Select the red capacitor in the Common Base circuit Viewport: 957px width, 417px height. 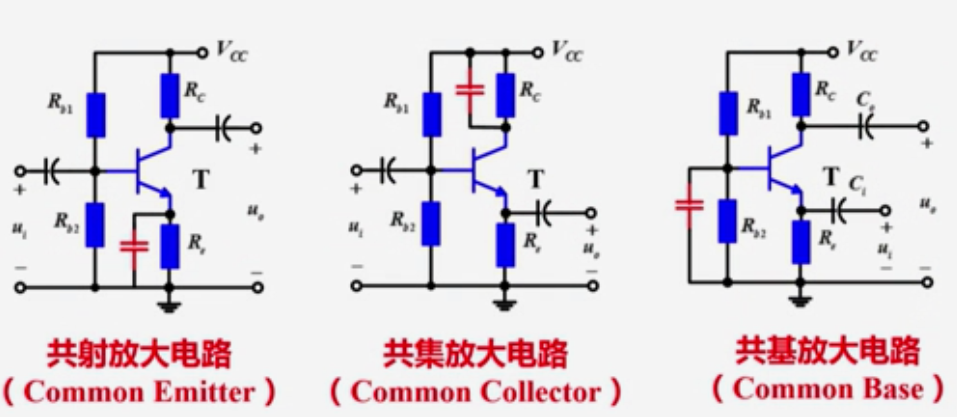tap(689, 205)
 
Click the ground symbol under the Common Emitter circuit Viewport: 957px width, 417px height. tap(170, 306)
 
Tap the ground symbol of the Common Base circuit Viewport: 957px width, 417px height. tap(801, 300)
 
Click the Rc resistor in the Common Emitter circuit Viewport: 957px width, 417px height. tap(170, 96)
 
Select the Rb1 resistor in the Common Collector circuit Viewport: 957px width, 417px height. tap(432, 115)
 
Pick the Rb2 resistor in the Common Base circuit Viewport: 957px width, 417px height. tap(727, 221)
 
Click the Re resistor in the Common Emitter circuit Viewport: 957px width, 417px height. tap(170, 246)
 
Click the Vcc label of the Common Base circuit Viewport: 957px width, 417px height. tap(862, 51)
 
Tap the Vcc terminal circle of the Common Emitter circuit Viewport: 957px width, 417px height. tap(202, 52)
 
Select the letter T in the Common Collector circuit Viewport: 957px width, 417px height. tap(536, 180)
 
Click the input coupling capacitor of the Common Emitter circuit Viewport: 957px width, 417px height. tap(51, 171)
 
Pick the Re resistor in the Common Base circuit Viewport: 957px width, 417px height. tap(801, 242)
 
